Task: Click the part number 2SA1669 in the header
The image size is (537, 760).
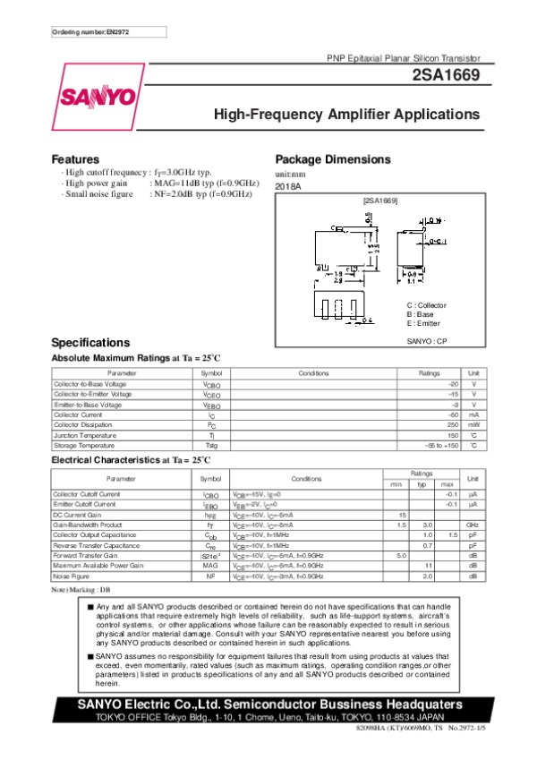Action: (x=448, y=77)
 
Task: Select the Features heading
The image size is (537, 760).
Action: (x=75, y=158)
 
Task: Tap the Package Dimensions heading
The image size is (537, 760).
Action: (x=333, y=158)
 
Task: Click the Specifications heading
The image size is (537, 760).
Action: (x=91, y=343)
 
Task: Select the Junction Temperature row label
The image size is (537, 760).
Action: (x=83, y=435)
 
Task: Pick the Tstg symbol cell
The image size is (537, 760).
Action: (x=211, y=445)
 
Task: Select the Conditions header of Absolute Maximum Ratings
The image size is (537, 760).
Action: (x=313, y=372)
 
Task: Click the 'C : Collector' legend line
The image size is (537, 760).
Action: (x=426, y=305)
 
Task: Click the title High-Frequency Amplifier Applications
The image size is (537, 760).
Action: (x=346, y=115)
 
